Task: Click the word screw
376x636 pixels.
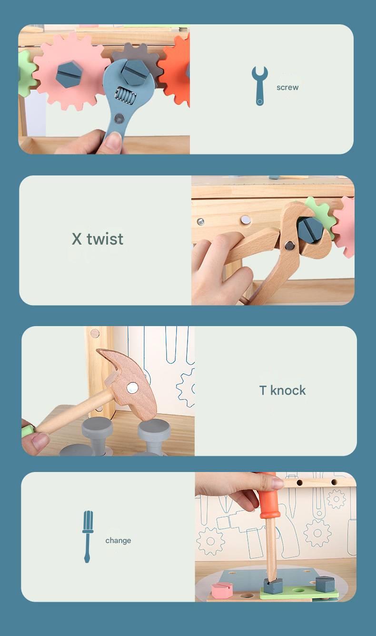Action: tap(287, 87)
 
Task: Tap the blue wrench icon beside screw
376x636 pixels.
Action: tap(259, 86)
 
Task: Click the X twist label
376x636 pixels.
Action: tap(98, 239)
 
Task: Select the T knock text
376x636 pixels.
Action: tap(283, 390)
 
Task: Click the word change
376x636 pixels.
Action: tap(118, 540)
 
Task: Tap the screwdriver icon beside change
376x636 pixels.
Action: tap(88, 537)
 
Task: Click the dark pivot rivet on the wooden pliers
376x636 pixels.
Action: tap(289, 245)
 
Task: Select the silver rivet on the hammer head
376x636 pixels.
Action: tap(132, 388)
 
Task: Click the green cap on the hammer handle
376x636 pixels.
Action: tap(27, 431)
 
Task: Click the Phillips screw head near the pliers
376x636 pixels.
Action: tap(200, 221)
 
